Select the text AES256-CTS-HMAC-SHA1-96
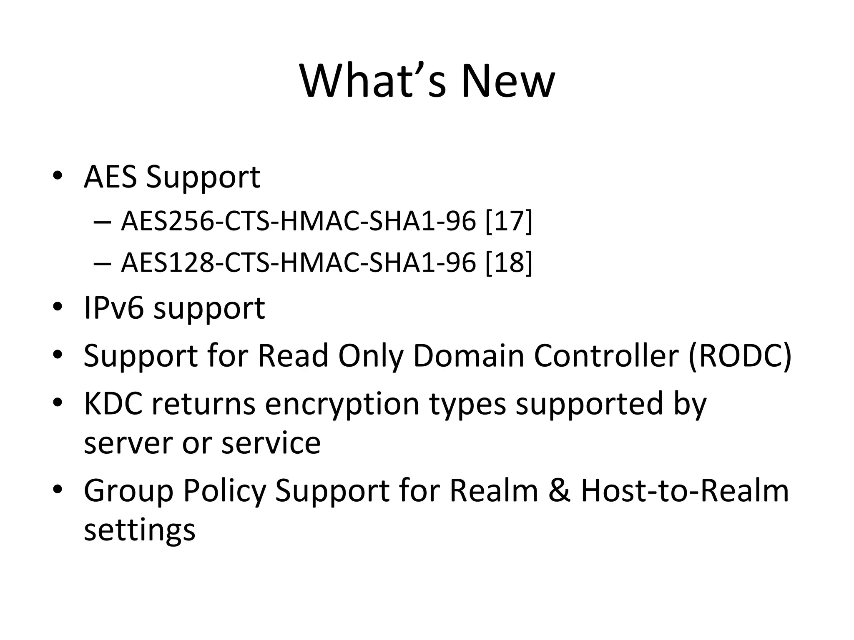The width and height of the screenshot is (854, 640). (x=298, y=221)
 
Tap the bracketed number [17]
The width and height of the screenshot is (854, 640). (x=509, y=221)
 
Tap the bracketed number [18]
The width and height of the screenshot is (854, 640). (x=509, y=263)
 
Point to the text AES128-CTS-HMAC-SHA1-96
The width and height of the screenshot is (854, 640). (x=298, y=263)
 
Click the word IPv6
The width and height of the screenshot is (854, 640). (x=114, y=308)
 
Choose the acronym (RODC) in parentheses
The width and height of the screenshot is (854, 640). (x=740, y=356)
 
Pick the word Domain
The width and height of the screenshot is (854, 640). (x=468, y=356)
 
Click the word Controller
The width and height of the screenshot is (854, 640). (x=606, y=356)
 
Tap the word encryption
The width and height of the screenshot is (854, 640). (x=342, y=404)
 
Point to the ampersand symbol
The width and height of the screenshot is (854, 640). (x=559, y=490)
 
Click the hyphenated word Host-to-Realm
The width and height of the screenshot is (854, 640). (x=685, y=490)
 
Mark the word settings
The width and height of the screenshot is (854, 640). (x=140, y=530)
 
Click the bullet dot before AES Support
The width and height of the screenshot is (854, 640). (x=58, y=176)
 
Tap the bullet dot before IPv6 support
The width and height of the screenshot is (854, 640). (x=58, y=308)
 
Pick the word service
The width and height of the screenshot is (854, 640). (x=271, y=442)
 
